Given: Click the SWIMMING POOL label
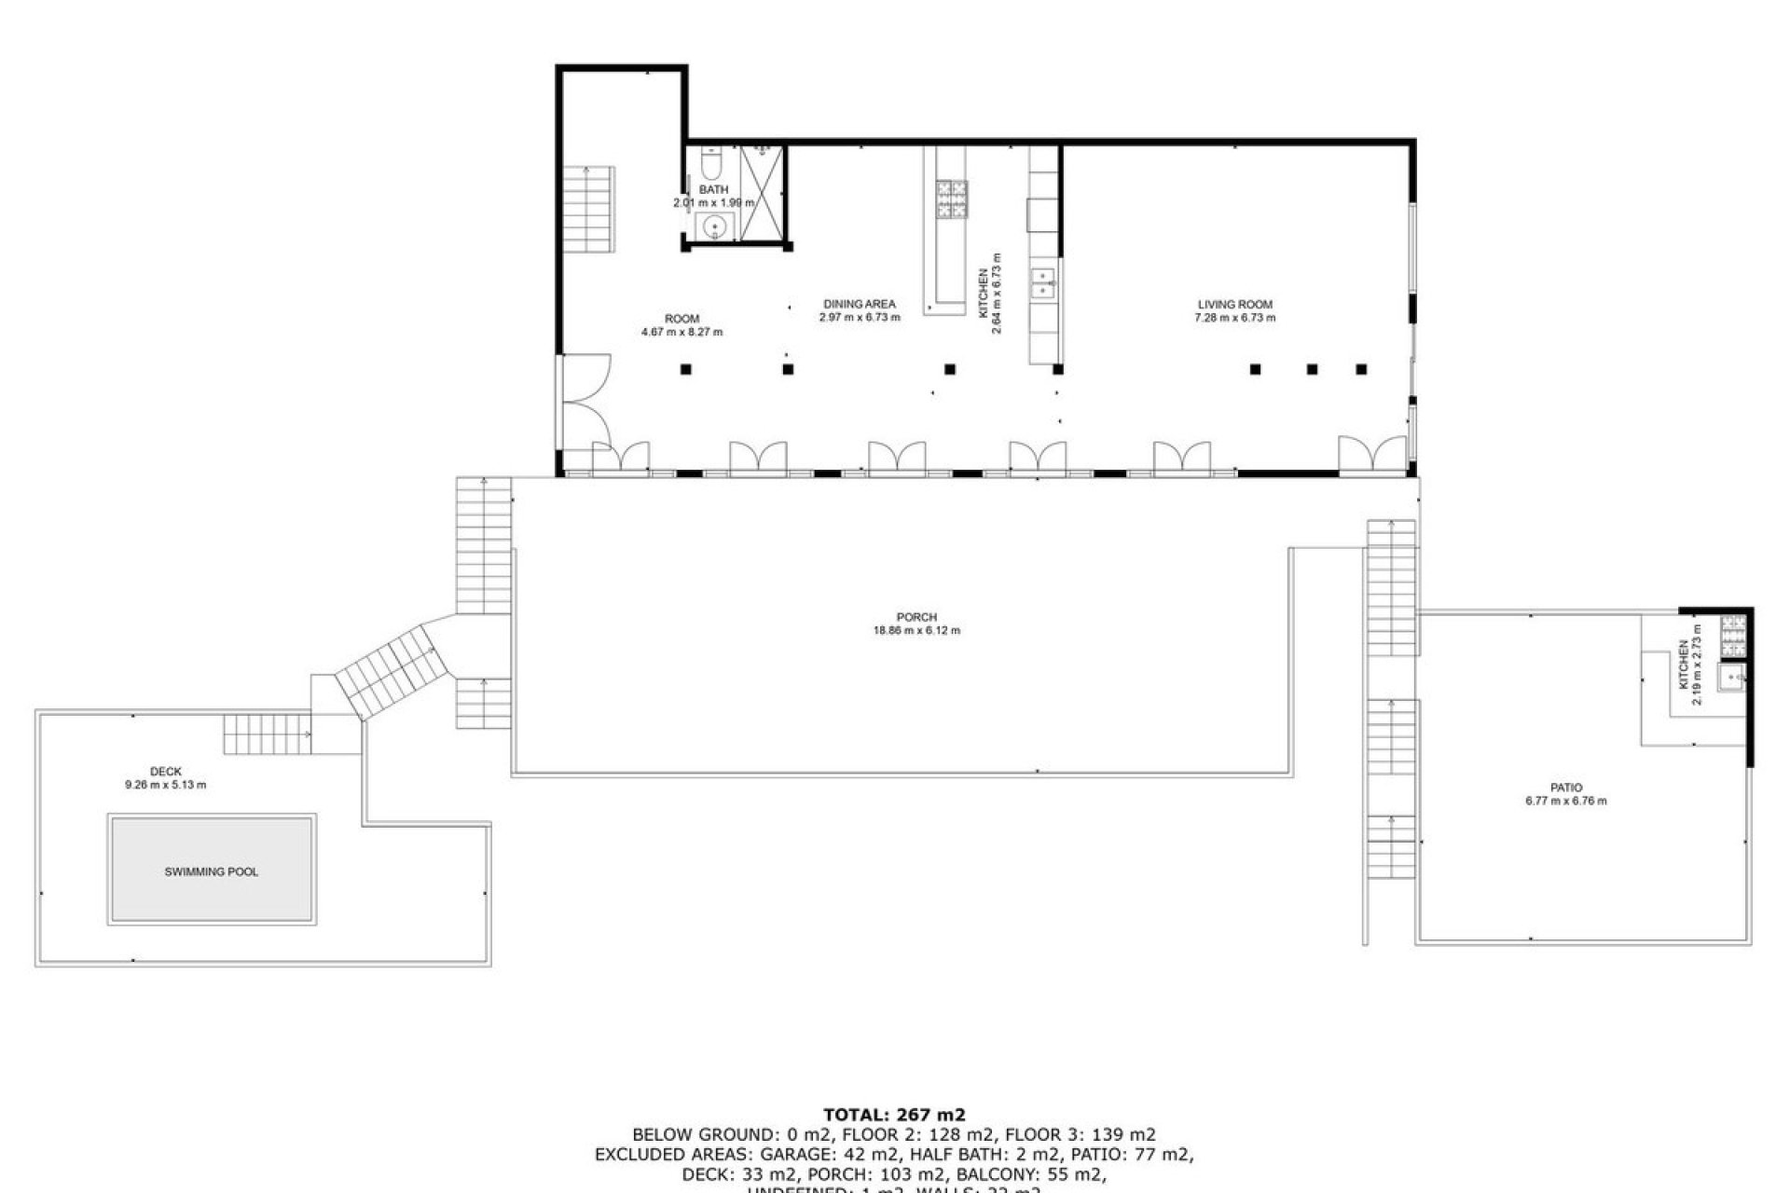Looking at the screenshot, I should click(x=212, y=871).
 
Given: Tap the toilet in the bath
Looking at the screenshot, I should click(x=711, y=166).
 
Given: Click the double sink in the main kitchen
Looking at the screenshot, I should click(x=1043, y=282).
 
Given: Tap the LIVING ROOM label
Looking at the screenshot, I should click(x=1234, y=305).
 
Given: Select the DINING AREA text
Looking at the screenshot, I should click(x=859, y=304).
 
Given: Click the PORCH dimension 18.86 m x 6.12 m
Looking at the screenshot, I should click(x=916, y=630).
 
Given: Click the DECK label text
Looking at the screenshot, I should click(x=166, y=772).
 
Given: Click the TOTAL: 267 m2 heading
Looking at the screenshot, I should click(x=894, y=1114).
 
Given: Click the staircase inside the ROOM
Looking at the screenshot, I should click(x=587, y=210).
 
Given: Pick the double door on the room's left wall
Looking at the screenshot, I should click(x=583, y=401).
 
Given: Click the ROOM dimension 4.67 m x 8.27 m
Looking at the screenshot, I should click(x=682, y=332).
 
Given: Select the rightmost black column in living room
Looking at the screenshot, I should click(x=1361, y=369).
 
